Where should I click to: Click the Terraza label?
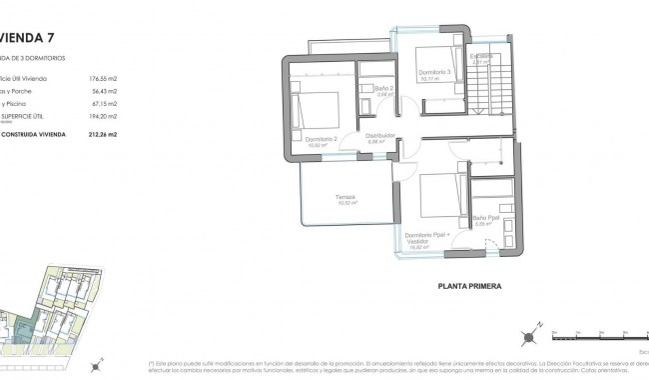tap(345, 197)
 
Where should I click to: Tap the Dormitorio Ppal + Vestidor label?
tap(427, 237)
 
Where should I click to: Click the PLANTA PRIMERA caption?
tap(469, 287)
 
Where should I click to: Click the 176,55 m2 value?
tap(103, 78)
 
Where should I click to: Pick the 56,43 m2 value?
tap(105, 90)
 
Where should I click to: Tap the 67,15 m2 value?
tap(105, 102)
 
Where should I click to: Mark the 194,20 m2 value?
tap(103, 115)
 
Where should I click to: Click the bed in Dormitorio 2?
tap(320, 105)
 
